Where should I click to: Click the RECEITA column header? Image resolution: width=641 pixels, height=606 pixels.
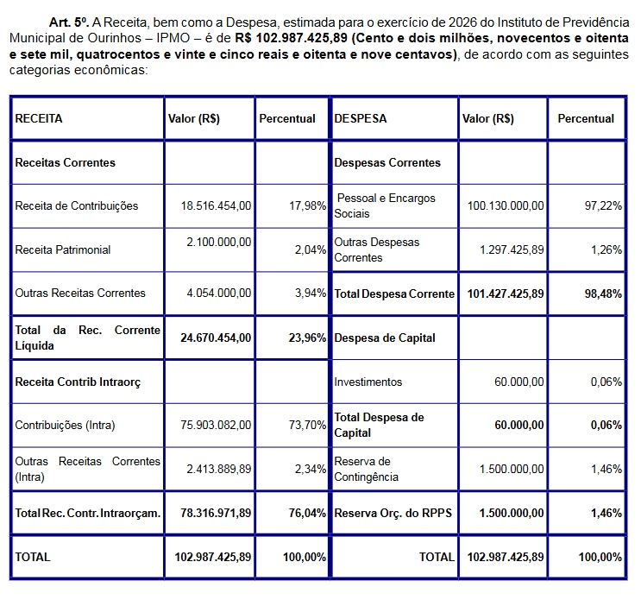pyautogui.click(x=39, y=119)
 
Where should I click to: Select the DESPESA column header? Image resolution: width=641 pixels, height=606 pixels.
pyautogui.click(x=360, y=119)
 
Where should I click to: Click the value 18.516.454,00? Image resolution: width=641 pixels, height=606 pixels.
pyautogui.click(x=216, y=206)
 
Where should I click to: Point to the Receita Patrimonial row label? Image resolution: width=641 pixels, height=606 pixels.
pyautogui.click(x=63, y=250)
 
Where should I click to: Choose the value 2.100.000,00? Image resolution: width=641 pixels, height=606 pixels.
pyautogui.click(x=218, y=243)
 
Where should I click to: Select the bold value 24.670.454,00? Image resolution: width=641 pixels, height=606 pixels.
pyautogui.click(x=216, y=338)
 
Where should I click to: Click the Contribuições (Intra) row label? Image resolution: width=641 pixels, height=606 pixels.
pyautogui.click(x=65, y=426)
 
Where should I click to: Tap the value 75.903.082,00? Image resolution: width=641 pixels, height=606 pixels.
pyautogui.click(x=216, y=426)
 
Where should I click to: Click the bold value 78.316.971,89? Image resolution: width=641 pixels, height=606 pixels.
pyautogui.click(x=216, y=514)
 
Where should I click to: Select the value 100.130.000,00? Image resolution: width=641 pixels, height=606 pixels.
pyautogui.click(x=506, y=206)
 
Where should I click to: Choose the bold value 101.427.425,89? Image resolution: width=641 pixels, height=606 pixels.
pyautogui.click(x=506, y=294)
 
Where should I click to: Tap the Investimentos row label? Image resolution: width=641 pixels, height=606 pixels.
pyautogui.click(x=368, y=382)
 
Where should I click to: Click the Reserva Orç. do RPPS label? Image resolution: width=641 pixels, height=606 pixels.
pyautogui.click(x=393, y=514)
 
